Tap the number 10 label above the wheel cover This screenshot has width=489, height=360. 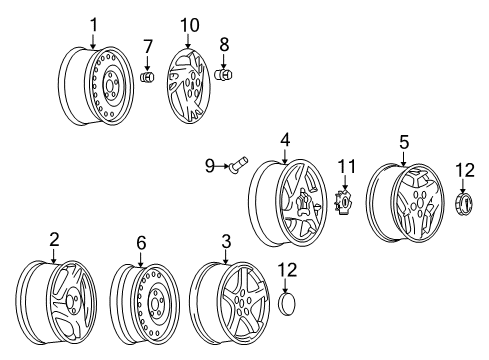coord(189,23)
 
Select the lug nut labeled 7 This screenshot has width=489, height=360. coord(146,77)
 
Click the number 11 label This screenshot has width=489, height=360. coord(346,164)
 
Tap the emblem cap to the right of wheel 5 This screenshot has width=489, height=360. coord(464,204)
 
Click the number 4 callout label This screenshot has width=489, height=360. coord(285,141)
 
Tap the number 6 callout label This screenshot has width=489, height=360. coord(140,242)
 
